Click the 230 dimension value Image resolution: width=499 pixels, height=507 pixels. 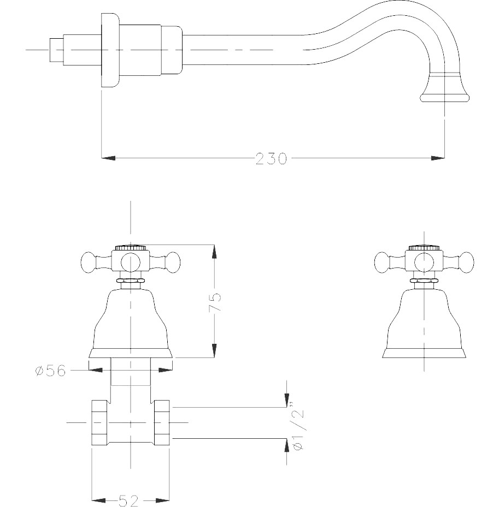click(x=271, y=159)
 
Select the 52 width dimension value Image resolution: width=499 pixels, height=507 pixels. click(x=130, y=500)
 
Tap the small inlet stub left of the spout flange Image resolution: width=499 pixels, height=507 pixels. click(x=56, y=50)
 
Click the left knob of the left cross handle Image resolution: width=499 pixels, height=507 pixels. click(x=89, y=263)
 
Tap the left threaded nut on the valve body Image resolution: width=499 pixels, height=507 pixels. click(x=99, y=422)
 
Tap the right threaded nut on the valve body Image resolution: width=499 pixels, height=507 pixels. click(x=162, y=422)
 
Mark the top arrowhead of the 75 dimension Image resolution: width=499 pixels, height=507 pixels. click(x=214, y=250)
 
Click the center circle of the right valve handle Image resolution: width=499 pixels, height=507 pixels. click(x=424, y=263)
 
